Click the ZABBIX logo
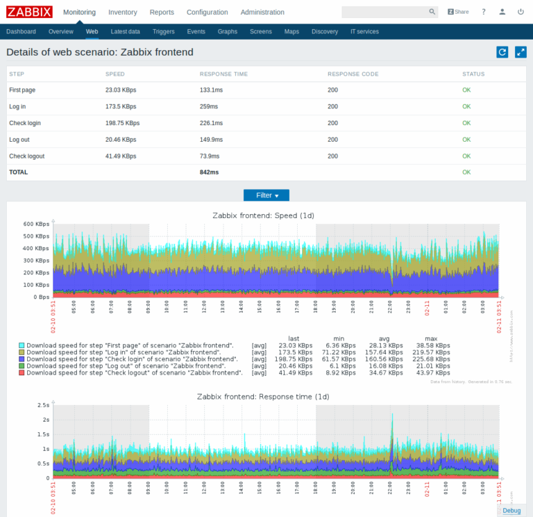(29, 12)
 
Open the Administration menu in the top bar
(262, 12)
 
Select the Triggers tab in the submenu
(163, 32)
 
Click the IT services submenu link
(364, 32)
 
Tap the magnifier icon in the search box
(432, 12)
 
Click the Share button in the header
(458, 12)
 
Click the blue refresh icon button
(502, 52)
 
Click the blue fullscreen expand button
(521, 52)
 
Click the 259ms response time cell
(209, 106)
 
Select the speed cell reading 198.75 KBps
(122, 123)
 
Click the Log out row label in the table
(19, 140)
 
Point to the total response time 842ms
(209, 172)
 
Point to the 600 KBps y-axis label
(35, 224)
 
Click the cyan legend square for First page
(22, 345)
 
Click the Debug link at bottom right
(511, 511)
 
